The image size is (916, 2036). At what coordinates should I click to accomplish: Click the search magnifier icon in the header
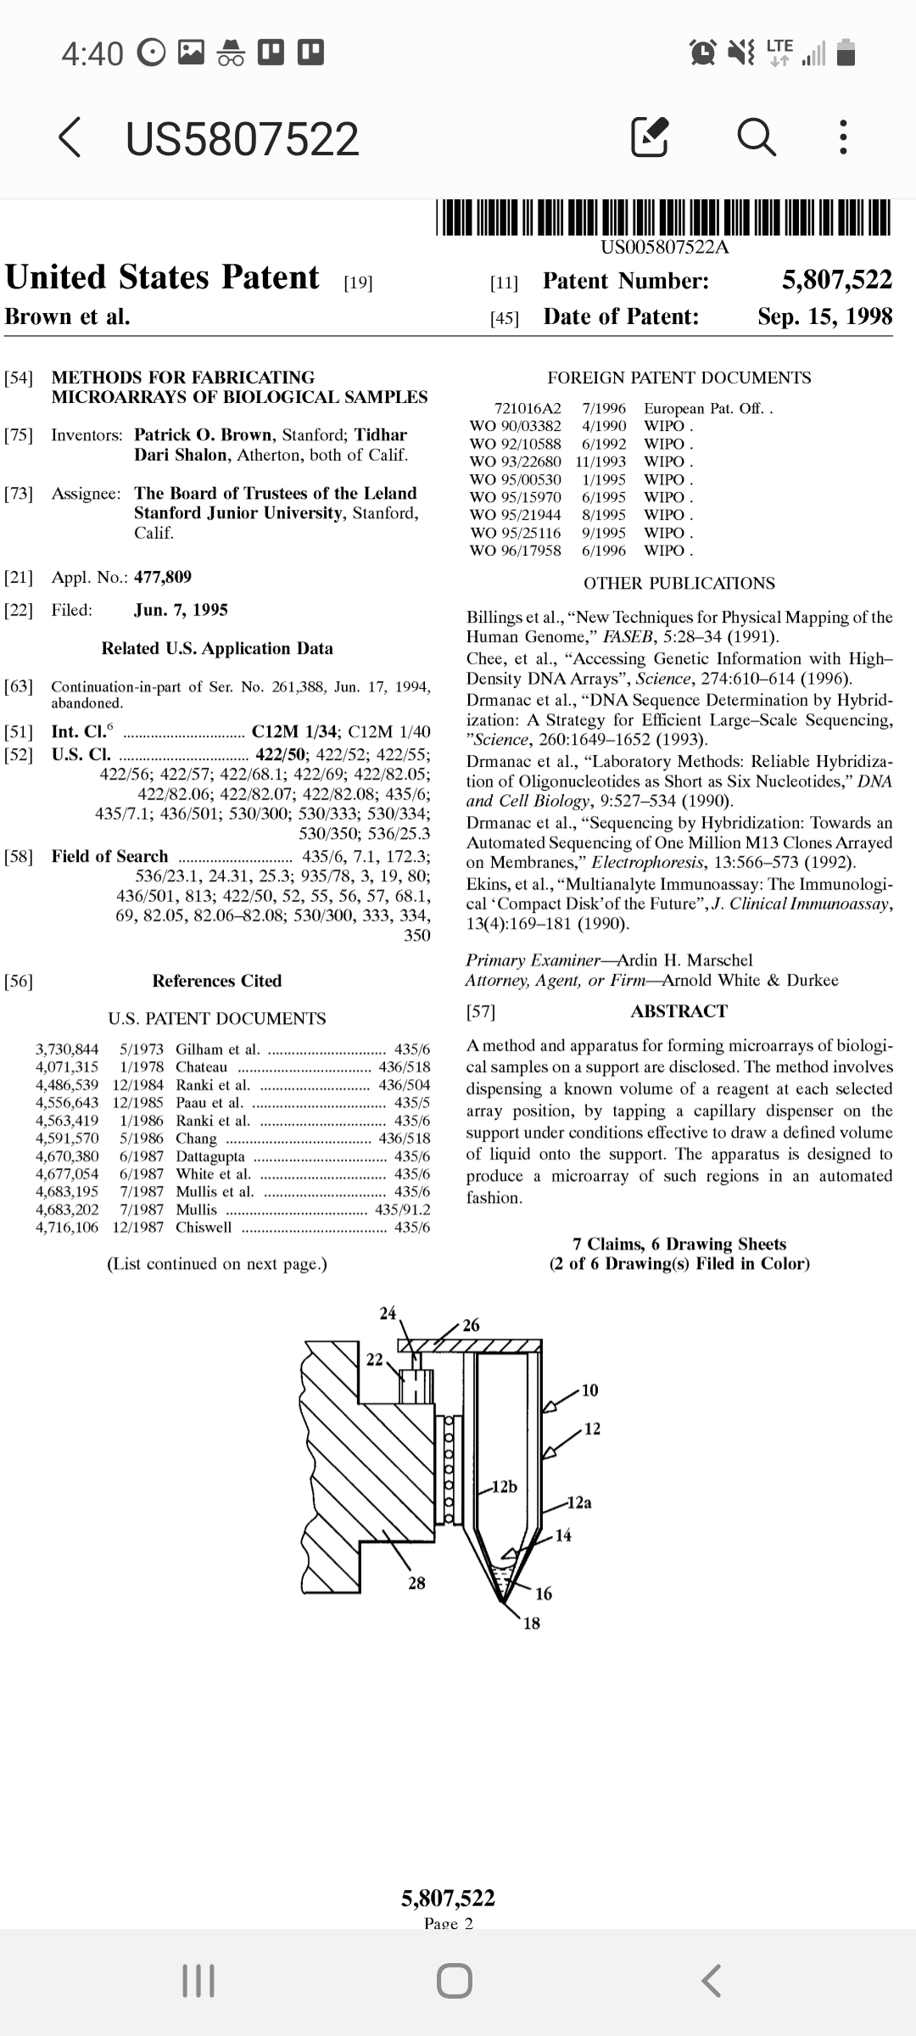[x=757, y=137]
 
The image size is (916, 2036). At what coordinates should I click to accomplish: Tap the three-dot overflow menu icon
[x=842, y=137]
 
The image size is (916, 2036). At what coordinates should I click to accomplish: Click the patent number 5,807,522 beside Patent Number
[x=836, y=280]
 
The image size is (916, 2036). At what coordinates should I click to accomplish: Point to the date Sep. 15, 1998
[x=824, y=316]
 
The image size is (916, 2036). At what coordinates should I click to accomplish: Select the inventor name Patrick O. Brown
[x=204, y=435]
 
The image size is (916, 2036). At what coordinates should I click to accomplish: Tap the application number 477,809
[x=163, y=578]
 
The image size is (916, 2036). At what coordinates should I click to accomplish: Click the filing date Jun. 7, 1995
[x=181, y=610]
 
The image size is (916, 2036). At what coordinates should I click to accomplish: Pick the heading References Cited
[x=217, y=981]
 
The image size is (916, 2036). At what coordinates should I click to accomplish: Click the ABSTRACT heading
[x=679, y=1011]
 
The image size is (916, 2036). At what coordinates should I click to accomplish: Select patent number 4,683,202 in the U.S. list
[x=67, y=1210]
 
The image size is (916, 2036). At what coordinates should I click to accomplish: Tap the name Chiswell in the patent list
[x=204, y=1228]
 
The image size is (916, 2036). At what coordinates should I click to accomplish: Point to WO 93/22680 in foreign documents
[x=516, y=461]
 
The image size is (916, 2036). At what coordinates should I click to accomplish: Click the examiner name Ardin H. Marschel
[x=684, y=960]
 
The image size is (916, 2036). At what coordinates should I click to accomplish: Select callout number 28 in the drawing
[x=416, y=1583]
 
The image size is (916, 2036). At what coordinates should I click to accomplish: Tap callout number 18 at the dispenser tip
[x=531, y=1624]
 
